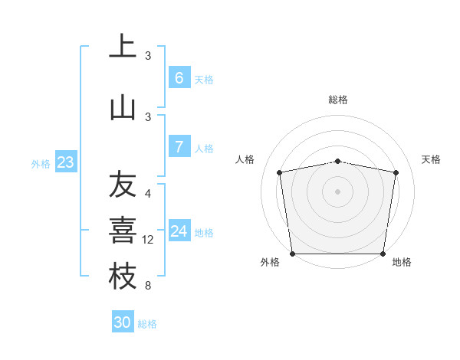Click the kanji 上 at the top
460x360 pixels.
(x=123, y=47)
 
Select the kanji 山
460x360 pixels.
(x=123, y=107)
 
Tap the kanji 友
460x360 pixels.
(x=123, y=185)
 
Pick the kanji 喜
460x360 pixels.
(x=123, y=231)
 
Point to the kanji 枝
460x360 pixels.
(x=123, y=277)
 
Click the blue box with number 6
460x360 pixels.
(x=179, y=78)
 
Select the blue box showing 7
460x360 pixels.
(x=179, y=147)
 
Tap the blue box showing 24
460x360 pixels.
(x=179, y=231)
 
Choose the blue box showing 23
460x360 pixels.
(x=65, y=162)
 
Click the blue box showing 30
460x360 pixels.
(x=123, y=322)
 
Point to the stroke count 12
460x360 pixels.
(x=148, y=240)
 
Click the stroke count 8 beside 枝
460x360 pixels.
(x=148, y=286)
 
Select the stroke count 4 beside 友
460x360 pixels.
(x=148, y=194)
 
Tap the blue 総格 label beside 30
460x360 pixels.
(x=148, y=324)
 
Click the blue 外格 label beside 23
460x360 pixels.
(x=41, y=163)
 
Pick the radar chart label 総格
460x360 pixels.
(x=337, y=100)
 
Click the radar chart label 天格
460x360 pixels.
(x=432, y=159)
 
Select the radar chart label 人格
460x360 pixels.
(x=245, y=159)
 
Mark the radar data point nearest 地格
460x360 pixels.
(x=383, y=254)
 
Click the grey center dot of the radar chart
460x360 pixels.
(x=337, y=191)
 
